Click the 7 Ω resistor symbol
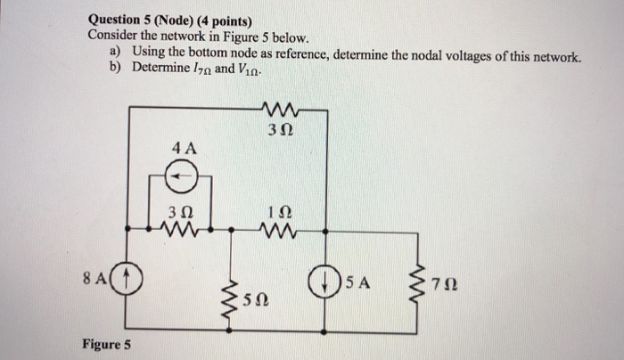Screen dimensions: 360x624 (415, 283)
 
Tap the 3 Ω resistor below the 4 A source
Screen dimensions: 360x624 (181, 232)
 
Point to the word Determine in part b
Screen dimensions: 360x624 (159, 69)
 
